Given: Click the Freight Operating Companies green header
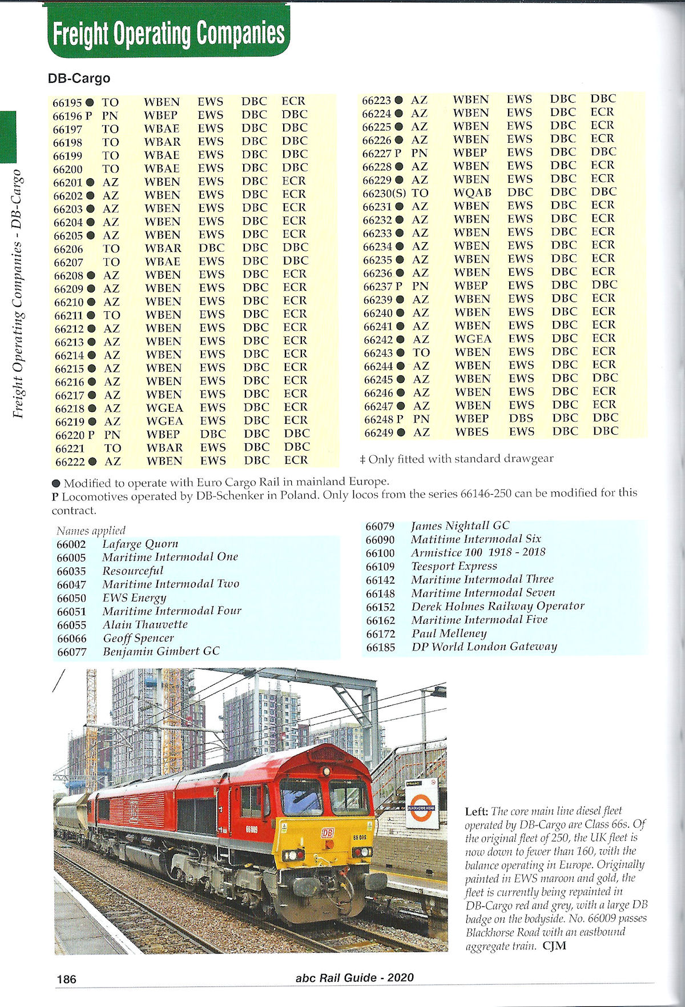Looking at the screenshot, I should tap(168, 33).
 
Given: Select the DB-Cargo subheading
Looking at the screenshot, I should tap(79, 78).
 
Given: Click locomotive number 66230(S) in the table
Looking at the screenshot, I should tap(384, 193).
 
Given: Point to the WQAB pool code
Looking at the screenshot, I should tap(472, 193).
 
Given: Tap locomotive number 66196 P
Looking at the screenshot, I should tap(72, 115).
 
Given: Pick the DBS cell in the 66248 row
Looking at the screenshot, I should tap(521, 418).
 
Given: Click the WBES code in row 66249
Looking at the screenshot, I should tap(472, 432).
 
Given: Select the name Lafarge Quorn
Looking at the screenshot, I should tap(140, 544).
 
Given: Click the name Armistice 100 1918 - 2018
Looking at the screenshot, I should tap(478, 552).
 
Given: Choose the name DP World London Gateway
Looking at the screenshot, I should tap(484, 647).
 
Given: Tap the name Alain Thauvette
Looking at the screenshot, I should tap(145, 624).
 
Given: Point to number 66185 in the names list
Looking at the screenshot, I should tap(380, 648).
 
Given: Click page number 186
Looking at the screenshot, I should tap(66, 979).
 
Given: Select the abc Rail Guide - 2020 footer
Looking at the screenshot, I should tap(354, 978).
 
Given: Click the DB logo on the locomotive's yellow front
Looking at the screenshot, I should tap(328, 833).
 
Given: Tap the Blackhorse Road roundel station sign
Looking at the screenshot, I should tap(421, 808).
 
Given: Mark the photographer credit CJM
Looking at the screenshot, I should tap(554, 946).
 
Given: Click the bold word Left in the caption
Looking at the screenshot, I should tap(476, 811).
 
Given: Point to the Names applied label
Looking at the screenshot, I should tap(91, 531).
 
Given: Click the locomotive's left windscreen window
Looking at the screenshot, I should tap(300, 796).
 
